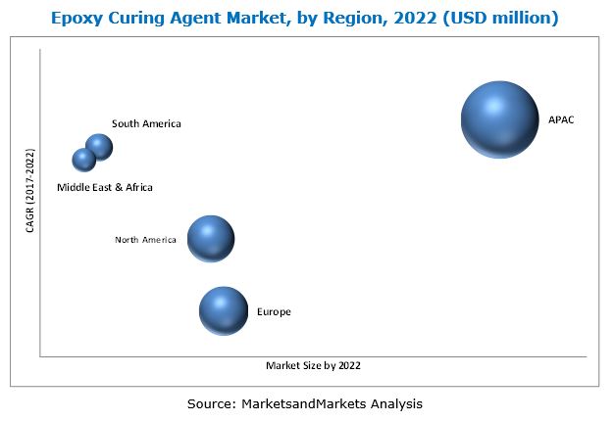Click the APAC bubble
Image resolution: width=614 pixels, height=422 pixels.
[x=499, y=119]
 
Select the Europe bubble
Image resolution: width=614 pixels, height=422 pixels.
[x=224, y=310]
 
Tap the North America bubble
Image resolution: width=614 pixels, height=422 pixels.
[x=211, y=239]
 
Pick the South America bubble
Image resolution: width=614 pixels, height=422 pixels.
[x=99, y=147]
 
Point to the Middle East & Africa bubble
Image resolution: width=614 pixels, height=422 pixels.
[x=84, y=159]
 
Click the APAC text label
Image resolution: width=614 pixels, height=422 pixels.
[x=561, y=120]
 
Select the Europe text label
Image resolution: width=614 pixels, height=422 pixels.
[x=274, y=311]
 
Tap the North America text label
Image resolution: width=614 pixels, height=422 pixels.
[x=145, y=239]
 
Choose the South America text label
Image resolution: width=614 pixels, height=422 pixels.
[x=146, y=123]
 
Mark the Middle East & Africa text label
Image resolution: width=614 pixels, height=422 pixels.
[x=105, y=186]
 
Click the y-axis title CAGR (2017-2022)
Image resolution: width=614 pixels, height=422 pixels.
[x=29, y=191]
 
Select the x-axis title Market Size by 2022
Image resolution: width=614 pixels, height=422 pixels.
[x=313, y=366]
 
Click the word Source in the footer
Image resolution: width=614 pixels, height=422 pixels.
[x=210, y=402]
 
